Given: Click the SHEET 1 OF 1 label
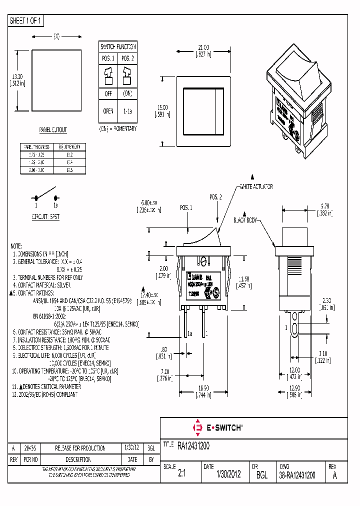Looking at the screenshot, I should [26, 21].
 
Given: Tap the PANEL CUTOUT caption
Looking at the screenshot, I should [53, 130].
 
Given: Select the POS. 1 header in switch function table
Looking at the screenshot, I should [108, 58].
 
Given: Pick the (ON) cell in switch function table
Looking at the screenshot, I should [127, 93].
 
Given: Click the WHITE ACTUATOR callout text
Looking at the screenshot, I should [256, 186].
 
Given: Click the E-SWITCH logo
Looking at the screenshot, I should [217, 427].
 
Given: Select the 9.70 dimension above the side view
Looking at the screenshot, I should [324, 205].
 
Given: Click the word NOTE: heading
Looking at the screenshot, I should [16, 246].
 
